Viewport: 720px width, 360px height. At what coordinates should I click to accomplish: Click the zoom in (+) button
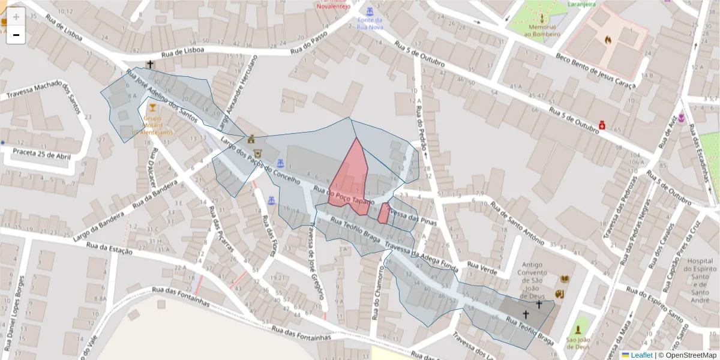(x=16, y=17)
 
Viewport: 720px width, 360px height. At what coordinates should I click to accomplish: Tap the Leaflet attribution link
(x=641, y=355)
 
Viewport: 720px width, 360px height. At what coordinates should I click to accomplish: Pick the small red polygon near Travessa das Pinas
(x=383, y=213)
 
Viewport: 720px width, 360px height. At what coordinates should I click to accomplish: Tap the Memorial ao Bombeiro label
(x=541, y=30)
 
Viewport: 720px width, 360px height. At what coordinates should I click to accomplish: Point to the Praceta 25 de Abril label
(x=38, y=157)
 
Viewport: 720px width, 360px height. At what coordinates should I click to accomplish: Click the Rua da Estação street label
(x=109, y=247)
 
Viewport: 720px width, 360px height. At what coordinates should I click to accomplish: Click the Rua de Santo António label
(x=521, y=223)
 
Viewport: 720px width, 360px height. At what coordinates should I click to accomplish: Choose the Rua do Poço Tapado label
(x=349, y=193)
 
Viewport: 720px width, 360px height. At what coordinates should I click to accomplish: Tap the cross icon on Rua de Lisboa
(x=149, y=64)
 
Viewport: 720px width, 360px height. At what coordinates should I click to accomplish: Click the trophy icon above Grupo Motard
(x=152, y=107)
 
